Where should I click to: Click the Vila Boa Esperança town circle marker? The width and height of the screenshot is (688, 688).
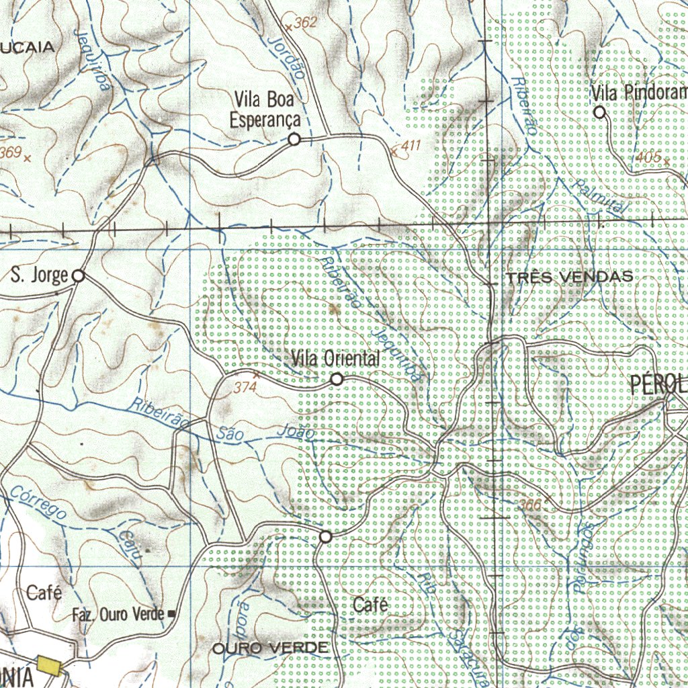point(294,139)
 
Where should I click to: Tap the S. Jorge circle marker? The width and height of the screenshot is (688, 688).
point(79,275)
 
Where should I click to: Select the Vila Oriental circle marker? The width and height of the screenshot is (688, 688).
point(337,380)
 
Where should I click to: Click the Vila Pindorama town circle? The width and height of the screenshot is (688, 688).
point(600,112)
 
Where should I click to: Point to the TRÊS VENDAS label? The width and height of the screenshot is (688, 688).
point(570,277)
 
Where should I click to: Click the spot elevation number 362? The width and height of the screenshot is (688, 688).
point(305,23)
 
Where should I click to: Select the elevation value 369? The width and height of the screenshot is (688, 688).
point(10,153)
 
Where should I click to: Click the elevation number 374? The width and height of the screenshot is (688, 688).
point(245,388)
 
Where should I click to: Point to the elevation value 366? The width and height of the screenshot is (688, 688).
point(530,504)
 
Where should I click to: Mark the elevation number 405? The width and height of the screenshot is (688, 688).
point(648,157)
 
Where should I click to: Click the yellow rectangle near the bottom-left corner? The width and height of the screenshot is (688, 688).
point(49,665)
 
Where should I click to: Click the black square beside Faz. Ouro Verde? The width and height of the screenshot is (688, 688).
point(171,613)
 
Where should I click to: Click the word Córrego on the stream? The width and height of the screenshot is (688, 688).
point(38,503)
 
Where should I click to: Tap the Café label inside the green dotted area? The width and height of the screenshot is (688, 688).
point(370,605)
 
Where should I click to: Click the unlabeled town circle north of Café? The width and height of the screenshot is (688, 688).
point(326,537)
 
